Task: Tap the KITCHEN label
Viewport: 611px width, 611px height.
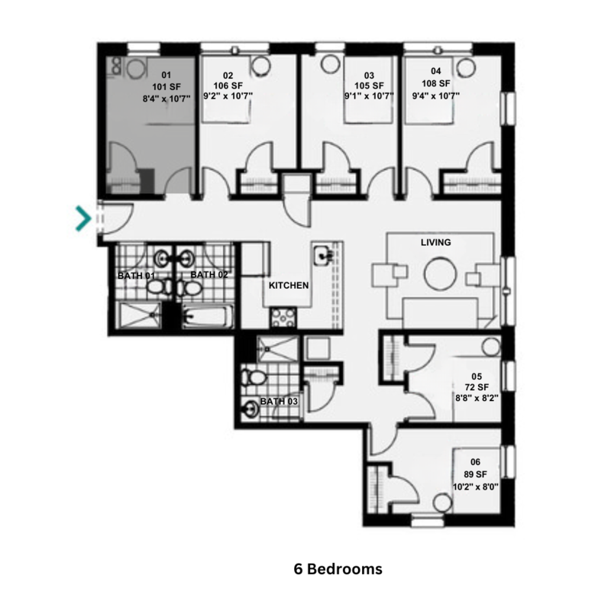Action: (x=288, y=286)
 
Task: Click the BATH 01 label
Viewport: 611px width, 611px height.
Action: (x=136, y=275)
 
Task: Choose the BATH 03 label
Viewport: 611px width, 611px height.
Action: (x=279, y=401)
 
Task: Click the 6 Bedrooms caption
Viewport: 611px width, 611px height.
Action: (x=338, y=570)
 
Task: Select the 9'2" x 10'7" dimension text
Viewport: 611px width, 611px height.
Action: (x=228, y=96)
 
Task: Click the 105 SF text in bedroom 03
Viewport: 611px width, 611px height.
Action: (x=369, y=86)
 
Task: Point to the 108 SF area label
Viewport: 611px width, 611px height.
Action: (x=435, y=83)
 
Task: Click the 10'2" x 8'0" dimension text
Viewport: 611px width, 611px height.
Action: (x=475, y=486)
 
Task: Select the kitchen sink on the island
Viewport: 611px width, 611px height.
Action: (x=324, y=254)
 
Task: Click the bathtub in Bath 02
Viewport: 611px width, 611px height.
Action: (x=207, y=316)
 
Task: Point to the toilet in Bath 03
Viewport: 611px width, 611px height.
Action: (x=253, y=377)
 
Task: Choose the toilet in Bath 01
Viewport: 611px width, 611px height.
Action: (x=160, y=287)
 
